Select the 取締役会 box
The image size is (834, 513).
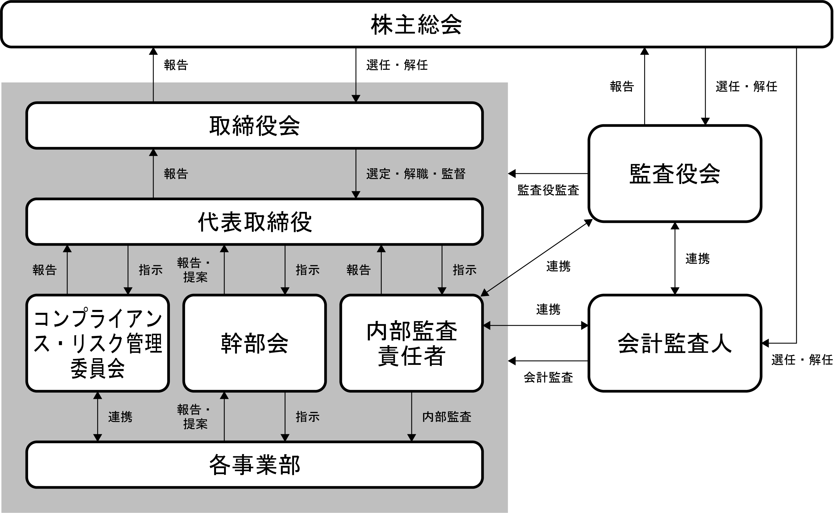[x=255, y=126]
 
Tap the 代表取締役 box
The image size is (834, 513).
[x=255, y=222]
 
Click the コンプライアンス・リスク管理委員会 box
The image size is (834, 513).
[x=98, y=343]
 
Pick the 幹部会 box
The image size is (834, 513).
[x=255, y=343]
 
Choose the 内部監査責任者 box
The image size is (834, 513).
[x=411, y=343]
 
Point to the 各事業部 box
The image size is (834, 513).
[x=255, y=465]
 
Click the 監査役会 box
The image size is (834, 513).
[x=675, y=174]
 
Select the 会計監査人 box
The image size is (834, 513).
[x=675, y=343]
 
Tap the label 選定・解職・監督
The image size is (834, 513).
[x=416, y=174]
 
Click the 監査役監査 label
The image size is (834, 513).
[x=548, y=190]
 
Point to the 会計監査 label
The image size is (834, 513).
[x=548, y=377]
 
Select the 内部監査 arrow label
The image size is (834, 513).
[x=447, y=417]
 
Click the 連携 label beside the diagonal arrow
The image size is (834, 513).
[x=559, y=266]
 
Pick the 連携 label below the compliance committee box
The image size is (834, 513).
[x=120, y=417]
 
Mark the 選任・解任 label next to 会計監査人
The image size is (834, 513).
[x=802, y=360]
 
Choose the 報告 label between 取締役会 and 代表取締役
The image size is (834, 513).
[x=176, y=174]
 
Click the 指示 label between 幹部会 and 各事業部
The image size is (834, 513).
[x=308, y=417]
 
